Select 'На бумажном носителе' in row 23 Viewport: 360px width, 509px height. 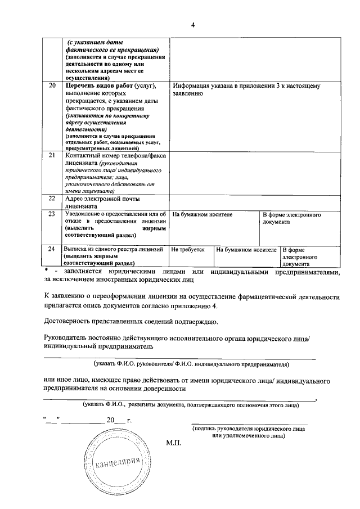[x=202, y=215]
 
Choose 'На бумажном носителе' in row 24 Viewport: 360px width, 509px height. [x=246, y=249]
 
